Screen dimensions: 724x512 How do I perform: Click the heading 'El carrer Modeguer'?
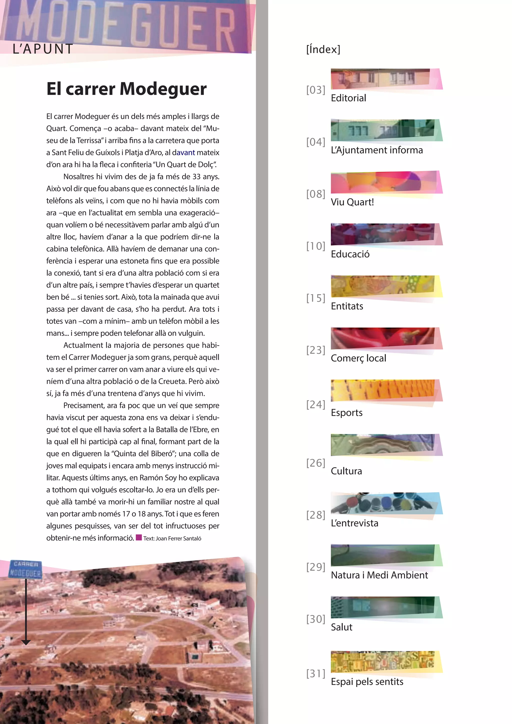click(x=126, y=89)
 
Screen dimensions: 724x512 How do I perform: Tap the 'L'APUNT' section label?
click(x=43, y=49)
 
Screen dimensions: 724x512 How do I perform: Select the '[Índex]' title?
click(x=323, y=49)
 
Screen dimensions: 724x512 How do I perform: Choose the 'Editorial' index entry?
click(x=348, y=98)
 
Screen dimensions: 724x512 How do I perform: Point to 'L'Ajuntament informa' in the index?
click(x=377, y=150)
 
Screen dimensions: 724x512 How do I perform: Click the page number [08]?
click(x=315, y=194)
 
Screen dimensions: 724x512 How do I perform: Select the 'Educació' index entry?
click(x=350, y=254)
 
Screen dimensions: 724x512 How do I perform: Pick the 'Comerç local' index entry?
click(x=358, y=358)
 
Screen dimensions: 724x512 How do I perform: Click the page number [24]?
click(x=315, y=404)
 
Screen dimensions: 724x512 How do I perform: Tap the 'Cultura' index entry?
click(x=346, y=471)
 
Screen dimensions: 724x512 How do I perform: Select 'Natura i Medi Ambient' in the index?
click(x=379, y=575)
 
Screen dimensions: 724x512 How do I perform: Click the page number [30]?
click(x=315, y=619)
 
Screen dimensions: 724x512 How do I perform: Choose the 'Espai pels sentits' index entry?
click(x=367, y=682)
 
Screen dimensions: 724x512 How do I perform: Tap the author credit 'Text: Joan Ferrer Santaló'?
click(x=172, y=538)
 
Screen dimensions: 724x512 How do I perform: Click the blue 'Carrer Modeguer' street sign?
click(x=25, y=569)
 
